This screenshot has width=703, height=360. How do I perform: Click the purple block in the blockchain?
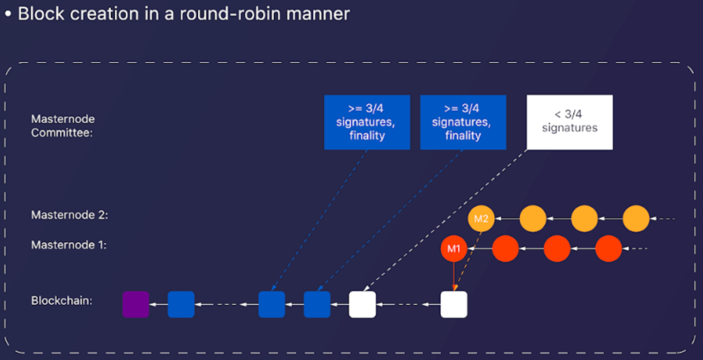[136, 304]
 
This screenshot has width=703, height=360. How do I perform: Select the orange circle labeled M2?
[481, 218]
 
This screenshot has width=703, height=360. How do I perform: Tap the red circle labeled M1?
[454, 248]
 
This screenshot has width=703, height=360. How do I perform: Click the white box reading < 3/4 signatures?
[570, 122]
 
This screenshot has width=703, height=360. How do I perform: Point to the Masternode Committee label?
[63, 126]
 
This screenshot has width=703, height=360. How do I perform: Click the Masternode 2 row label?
[69, 215]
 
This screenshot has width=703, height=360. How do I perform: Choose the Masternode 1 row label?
[69, 245]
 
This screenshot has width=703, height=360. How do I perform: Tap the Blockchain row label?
[61, 301]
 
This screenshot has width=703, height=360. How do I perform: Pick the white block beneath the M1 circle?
[454, 304]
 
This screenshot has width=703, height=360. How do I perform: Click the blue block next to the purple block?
[181, 304]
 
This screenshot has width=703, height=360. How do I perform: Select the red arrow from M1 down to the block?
[454, 276]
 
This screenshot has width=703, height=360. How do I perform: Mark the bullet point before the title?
[8, 14]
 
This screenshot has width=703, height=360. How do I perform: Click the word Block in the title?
[41, 14]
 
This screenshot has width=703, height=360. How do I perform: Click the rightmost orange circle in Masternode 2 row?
[636, 218]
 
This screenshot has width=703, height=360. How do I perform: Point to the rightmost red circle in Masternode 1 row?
[608, 248]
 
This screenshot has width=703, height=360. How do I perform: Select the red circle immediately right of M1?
[505, 248]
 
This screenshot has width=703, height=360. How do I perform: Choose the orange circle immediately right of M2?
[533, 218]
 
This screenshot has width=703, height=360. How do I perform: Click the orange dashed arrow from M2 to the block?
[468, 261]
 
